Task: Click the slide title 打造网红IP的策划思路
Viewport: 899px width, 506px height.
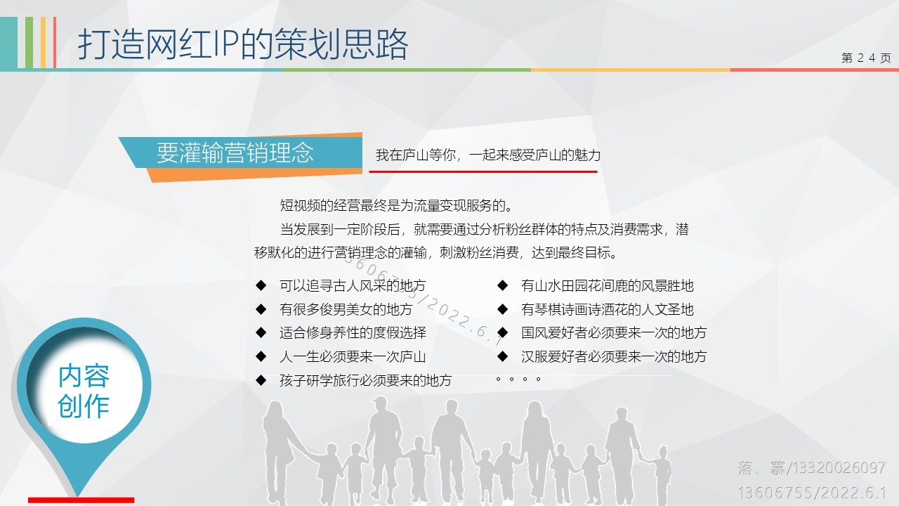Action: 243,44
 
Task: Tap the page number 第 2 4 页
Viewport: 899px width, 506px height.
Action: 866,58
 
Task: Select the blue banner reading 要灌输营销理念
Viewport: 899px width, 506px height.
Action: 241,153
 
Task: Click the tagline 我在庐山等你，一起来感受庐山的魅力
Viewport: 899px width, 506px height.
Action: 488,155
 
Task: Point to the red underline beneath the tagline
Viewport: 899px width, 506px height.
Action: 483,172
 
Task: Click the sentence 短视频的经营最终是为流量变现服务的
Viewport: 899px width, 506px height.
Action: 397,206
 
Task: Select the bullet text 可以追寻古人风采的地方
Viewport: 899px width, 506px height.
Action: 353,285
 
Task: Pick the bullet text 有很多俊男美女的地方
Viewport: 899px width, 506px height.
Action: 346,309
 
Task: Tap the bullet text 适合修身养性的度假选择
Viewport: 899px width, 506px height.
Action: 353,332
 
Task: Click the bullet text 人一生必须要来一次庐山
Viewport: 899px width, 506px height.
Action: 353,356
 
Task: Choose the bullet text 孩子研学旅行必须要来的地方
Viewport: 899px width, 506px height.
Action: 366,380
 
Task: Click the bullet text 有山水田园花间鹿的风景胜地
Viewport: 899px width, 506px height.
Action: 608,285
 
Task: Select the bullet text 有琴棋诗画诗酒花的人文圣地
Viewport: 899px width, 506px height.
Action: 608,309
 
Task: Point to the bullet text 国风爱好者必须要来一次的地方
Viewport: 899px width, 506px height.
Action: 614,332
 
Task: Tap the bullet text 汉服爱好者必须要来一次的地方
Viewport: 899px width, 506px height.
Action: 614,356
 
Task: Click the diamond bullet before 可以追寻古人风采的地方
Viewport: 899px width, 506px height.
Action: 261,285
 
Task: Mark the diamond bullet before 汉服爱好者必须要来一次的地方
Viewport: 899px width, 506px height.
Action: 502,356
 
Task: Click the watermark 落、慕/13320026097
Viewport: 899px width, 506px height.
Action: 811,468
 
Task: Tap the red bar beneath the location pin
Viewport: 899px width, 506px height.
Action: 81,500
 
